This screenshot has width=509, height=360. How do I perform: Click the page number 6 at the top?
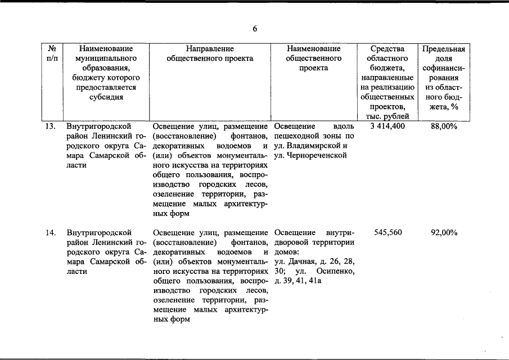255,29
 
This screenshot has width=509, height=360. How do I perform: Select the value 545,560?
388,232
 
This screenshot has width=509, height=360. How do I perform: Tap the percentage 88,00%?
444,127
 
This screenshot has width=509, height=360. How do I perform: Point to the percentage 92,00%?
444,232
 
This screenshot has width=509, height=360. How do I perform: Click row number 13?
51,127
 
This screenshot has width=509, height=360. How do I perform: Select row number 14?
51,232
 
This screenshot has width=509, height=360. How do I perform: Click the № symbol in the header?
51,49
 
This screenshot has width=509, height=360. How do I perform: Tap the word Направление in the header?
210,49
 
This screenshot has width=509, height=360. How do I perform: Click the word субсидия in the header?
106,97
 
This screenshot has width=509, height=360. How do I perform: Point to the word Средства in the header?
388,49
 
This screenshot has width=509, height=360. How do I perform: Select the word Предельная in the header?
444,49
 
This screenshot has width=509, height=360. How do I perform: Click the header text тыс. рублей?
388,116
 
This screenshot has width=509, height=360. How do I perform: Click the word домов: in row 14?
286,252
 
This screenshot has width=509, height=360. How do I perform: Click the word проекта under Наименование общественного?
314,68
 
